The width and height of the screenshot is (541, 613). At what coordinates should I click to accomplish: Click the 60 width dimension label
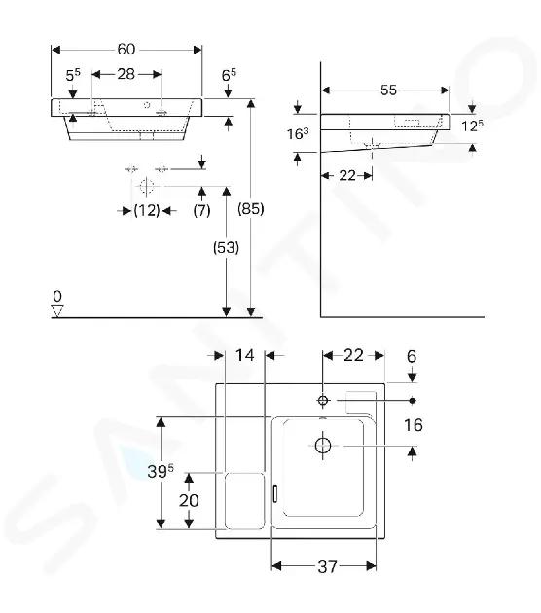[126, 50]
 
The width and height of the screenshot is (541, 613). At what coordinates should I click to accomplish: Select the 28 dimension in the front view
[126, 74]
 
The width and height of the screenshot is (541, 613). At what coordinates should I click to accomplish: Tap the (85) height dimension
[251, 209]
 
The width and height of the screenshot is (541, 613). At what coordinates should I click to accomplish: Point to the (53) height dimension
[226, 247]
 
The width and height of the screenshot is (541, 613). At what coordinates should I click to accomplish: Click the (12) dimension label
[147, 211]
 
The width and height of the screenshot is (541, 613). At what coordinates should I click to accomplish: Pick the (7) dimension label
[201, 211]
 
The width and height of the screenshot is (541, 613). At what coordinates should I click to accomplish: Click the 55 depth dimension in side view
[388, 90]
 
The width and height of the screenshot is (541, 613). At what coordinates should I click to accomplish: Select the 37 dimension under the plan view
[327, 566]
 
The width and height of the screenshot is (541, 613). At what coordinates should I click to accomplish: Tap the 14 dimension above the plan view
[245, 355]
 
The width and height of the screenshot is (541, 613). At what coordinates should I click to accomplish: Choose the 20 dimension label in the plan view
[189, 500]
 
